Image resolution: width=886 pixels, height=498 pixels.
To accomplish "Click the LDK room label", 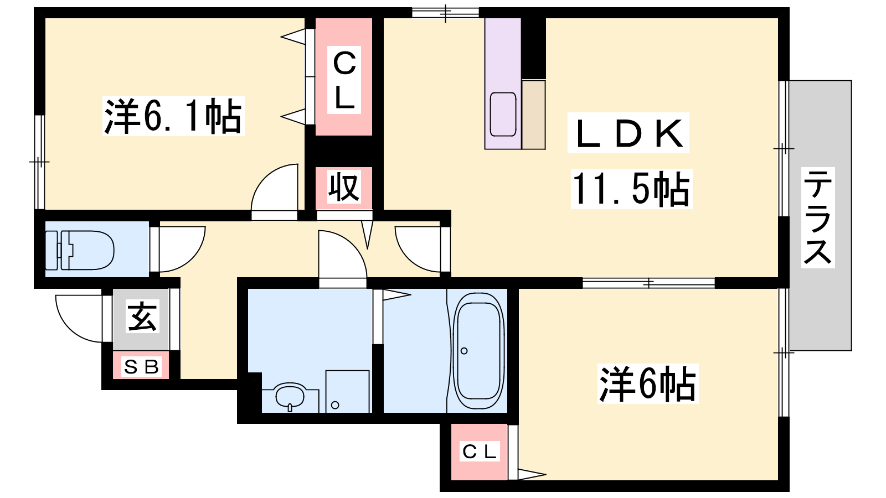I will [629, 133].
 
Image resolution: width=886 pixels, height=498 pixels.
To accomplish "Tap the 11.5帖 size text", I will [631, 189].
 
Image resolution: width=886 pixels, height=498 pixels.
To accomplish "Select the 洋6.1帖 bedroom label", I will [173, 116].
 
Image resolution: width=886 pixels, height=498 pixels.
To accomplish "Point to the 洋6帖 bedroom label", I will [647, 383].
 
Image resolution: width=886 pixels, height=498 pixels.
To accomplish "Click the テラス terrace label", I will [818, 217].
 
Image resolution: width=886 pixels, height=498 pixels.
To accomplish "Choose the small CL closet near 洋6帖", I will [480, 452].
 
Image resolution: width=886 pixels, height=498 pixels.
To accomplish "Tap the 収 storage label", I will [344, 187].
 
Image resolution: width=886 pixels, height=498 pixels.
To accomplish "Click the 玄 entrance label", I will [142, 317].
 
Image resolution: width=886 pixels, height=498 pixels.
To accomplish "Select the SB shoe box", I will [141, 366].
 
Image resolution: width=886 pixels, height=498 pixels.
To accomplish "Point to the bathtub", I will [479, 351].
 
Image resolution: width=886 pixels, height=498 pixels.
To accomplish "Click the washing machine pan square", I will [347, 391].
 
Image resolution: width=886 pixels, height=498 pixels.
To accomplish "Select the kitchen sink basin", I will [503, 114].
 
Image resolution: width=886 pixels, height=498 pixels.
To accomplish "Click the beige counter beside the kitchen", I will [533, 114].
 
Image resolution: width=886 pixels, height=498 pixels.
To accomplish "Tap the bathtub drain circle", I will [464, 351].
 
